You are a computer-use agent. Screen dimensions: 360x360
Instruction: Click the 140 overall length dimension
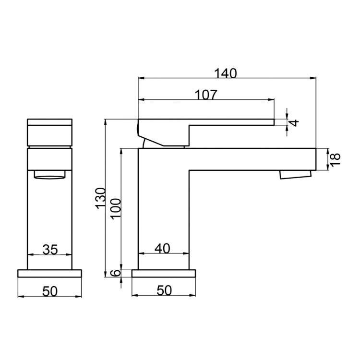[226, 73]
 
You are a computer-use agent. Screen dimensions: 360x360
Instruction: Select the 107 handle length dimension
[206, 95]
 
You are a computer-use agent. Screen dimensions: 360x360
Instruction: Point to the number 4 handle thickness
[295, 122]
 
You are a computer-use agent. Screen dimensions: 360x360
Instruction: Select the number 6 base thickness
[114, 273]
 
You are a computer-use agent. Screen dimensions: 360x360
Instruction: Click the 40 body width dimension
[163, 248]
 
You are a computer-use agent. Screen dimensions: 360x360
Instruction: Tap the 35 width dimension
[50, 249]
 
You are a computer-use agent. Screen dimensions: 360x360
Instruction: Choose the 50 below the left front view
[50, 291]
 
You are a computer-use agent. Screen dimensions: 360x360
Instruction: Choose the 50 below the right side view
[164, 291]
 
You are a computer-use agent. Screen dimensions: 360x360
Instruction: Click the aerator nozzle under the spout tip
[296, 174]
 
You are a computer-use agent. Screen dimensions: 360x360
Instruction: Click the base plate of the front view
[49, 273]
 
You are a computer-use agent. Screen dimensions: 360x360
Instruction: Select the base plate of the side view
[164, 273]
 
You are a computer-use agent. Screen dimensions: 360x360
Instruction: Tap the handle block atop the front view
[49, 132]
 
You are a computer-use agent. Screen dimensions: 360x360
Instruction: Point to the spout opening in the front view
[49, 175]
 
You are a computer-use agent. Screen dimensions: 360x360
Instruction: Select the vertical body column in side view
[163, 211]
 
